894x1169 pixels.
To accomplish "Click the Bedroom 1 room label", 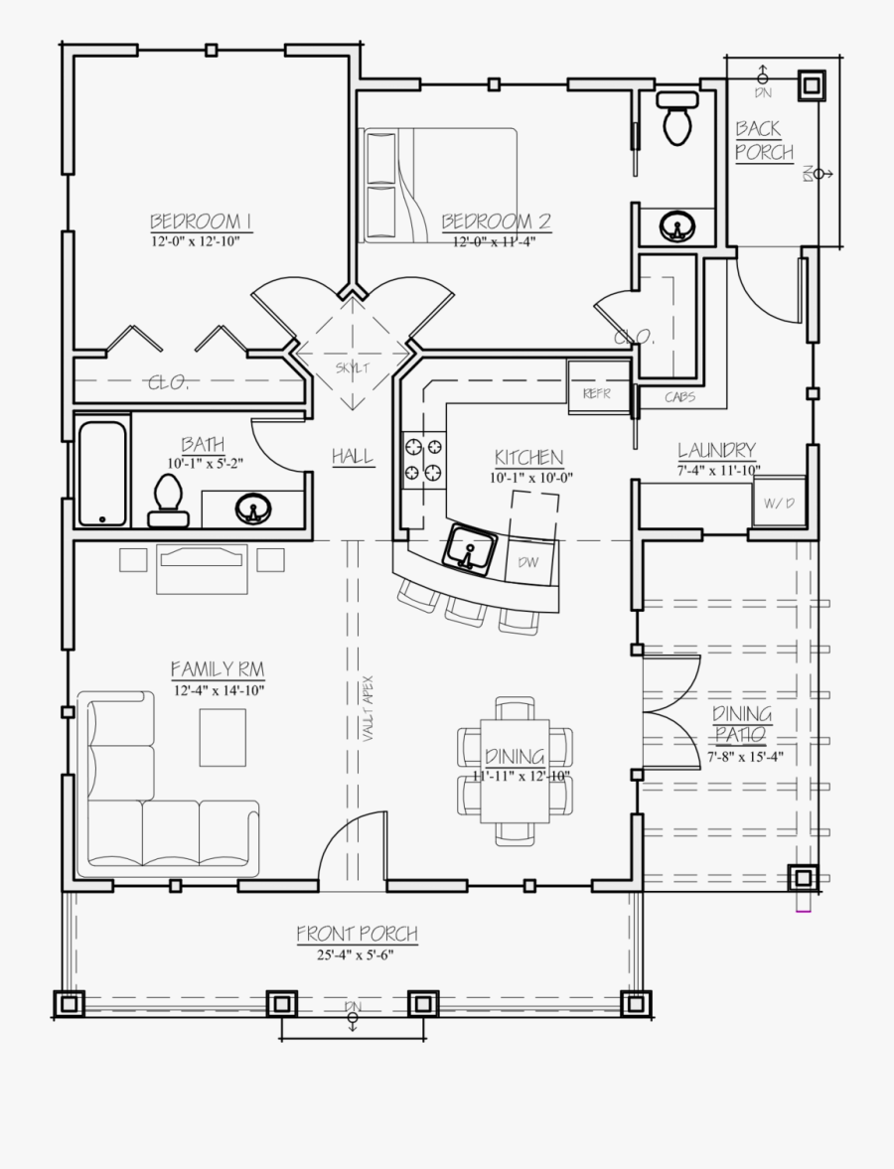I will click(200, 220).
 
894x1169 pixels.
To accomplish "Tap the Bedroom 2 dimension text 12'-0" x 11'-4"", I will click(495, 240).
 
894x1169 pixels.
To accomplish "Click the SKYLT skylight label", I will click(352, 367).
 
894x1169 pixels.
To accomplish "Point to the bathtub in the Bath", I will click(102, 473).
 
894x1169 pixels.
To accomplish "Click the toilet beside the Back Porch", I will click(677, 117).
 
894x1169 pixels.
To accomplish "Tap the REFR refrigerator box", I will click(597, 392).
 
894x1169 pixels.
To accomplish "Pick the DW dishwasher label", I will click(527, 562).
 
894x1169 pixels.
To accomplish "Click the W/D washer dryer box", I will click(779, 504).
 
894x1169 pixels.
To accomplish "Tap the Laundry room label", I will click(716, 450).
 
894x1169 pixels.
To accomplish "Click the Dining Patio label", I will click(741, 725).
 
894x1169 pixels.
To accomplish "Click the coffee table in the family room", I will click(223, 737).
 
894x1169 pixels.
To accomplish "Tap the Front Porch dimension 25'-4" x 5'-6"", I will click(357, 955).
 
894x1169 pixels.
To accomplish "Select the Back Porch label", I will click(763, 140).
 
